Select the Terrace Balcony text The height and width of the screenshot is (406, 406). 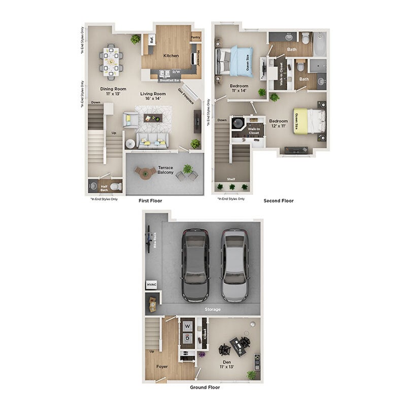165,170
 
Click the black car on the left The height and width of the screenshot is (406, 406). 196,264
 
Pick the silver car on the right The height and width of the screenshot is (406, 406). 234,264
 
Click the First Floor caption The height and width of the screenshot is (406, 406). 150,201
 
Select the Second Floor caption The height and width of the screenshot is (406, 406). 278,201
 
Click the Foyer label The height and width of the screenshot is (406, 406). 162,366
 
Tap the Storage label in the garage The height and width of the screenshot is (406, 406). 213,309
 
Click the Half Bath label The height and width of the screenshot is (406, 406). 104,188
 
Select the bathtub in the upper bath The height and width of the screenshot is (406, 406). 320,44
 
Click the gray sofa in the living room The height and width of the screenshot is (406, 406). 152,141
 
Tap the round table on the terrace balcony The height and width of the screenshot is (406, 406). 146,173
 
